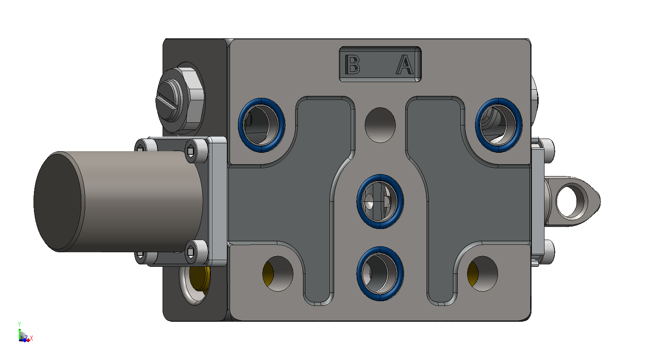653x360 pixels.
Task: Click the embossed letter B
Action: point(352,64)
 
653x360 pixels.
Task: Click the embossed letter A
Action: point(405,64)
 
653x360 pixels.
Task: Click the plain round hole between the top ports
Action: point(380,125)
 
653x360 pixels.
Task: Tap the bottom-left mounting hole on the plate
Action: point(278,274)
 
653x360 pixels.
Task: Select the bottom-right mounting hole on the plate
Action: point(483,274)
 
